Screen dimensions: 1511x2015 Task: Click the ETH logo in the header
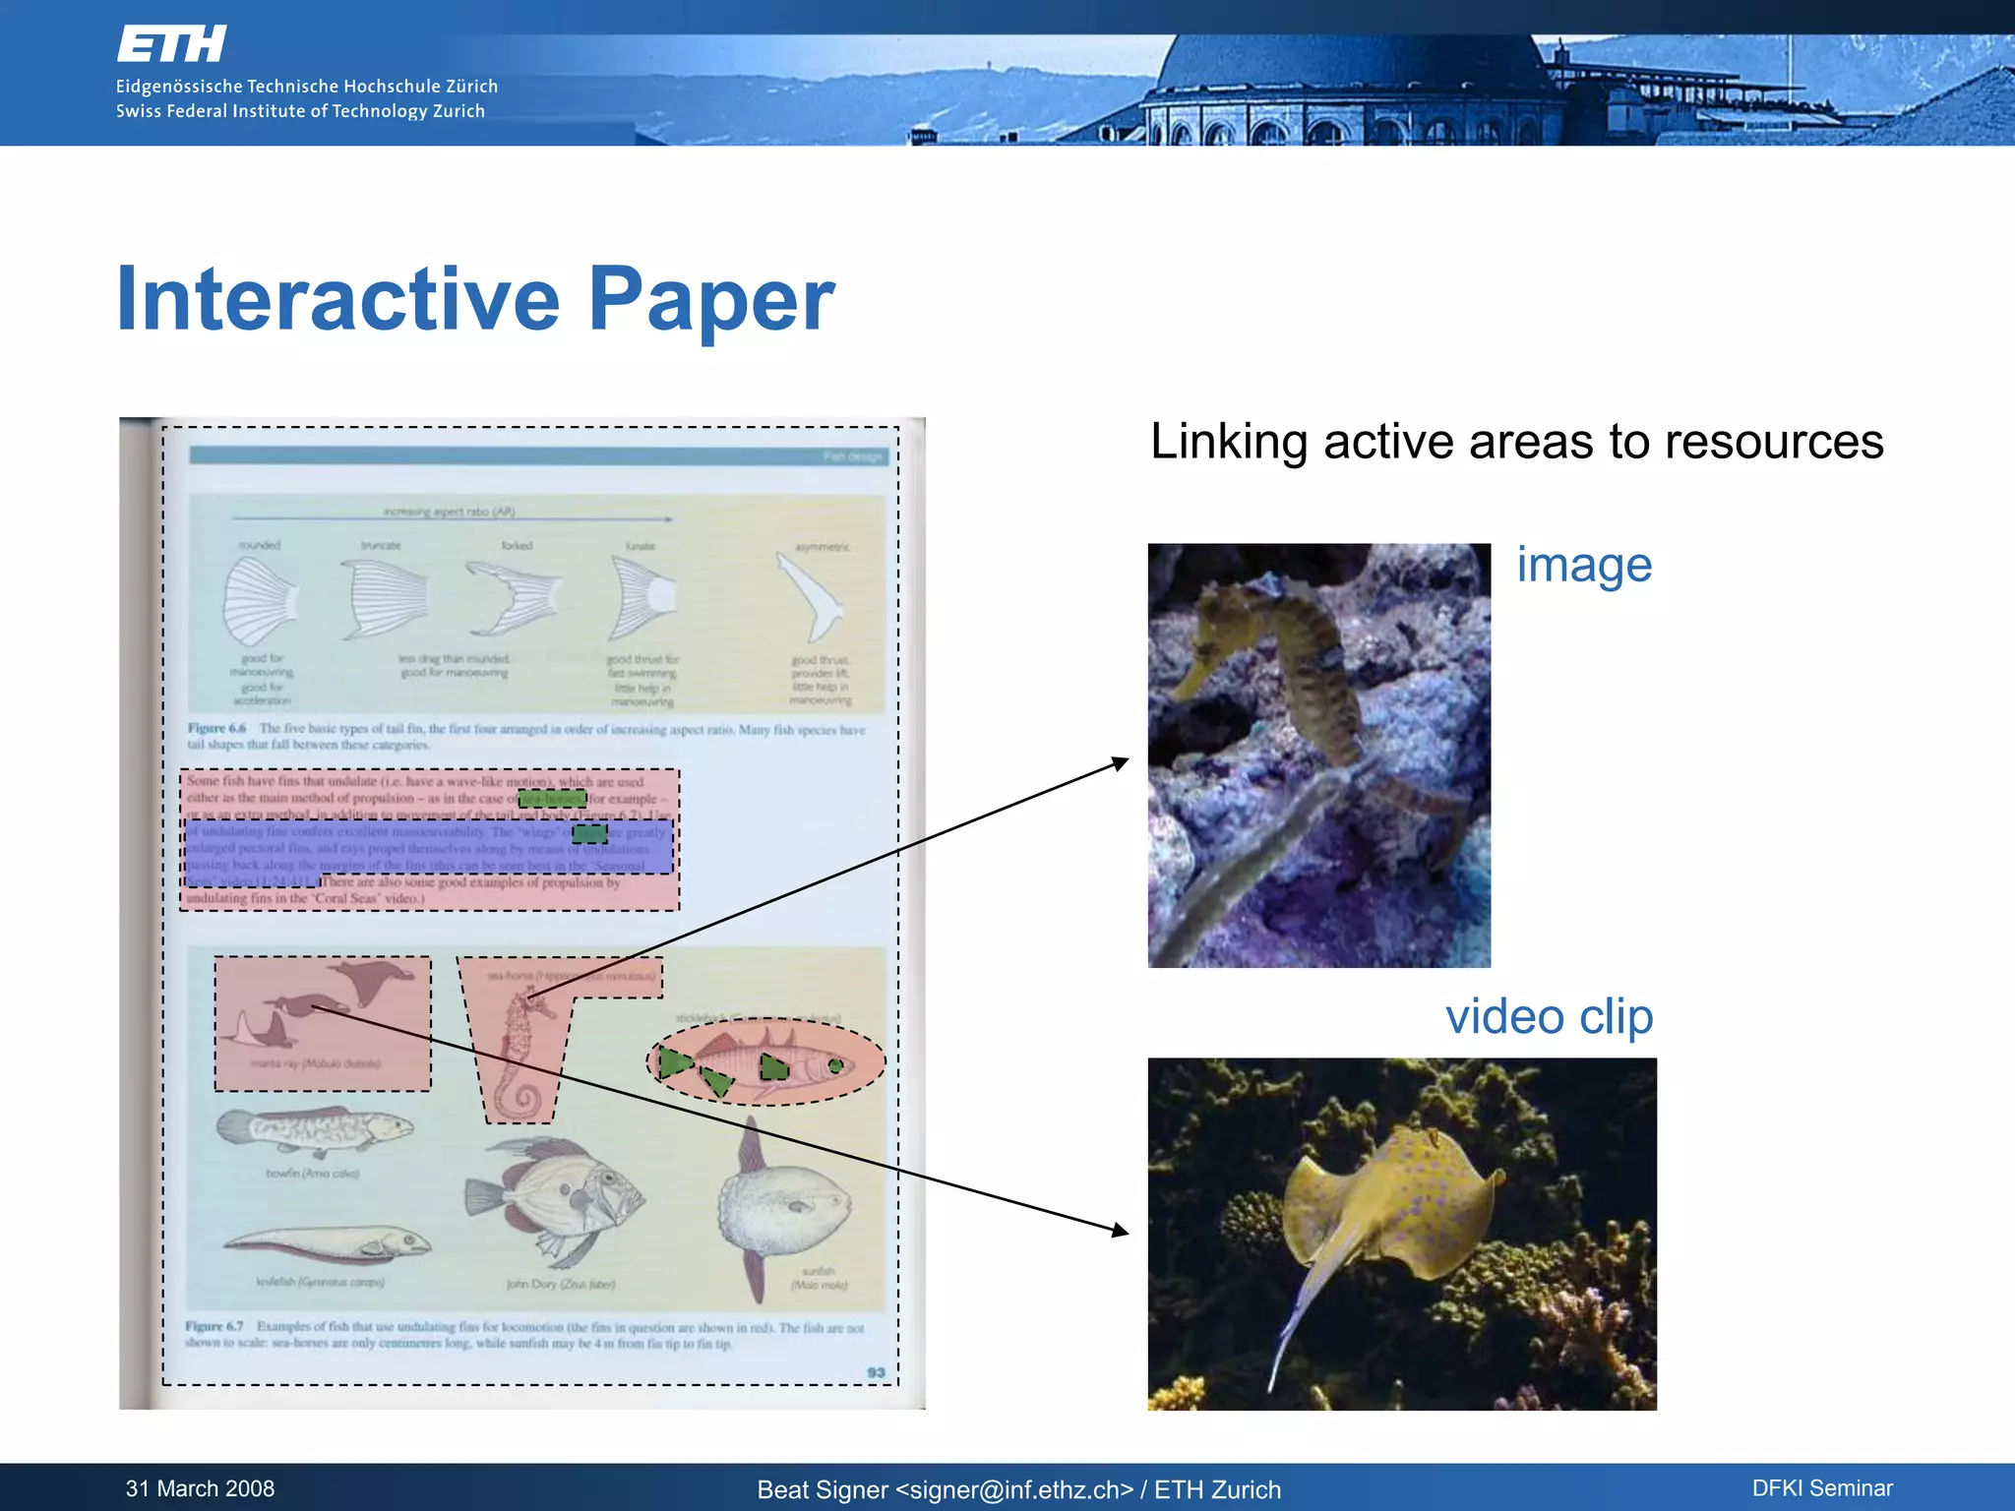point(171,44)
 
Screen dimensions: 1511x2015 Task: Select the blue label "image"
point(1583,566)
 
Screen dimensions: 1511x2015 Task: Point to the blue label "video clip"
point(1549,1016)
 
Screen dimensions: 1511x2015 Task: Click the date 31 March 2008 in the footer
point(200,1488)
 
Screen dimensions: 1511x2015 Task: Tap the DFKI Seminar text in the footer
point(1821,1488)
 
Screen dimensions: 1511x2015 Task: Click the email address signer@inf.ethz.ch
point(1013,1490)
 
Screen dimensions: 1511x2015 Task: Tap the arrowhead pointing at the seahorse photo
point(1120,761)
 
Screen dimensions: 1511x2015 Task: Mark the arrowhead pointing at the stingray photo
point(1120,1230)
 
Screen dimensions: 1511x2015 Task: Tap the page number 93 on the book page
point(876,1372)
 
